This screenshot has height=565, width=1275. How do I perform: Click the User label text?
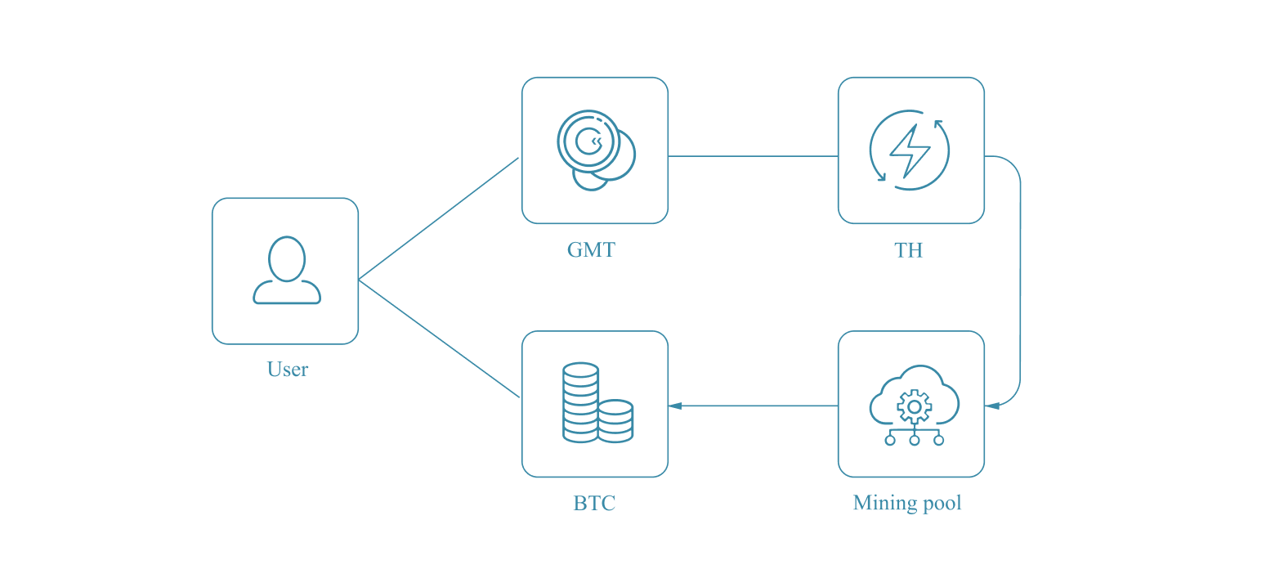287,370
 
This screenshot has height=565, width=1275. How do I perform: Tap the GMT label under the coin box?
591,249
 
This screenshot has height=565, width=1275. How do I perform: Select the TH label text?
908,249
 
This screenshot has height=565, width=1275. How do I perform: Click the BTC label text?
594,503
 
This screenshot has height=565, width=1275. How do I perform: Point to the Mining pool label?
907,503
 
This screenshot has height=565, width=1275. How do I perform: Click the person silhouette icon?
287,271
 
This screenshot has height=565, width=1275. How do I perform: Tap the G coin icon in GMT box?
588,141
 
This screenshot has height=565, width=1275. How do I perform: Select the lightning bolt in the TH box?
909,150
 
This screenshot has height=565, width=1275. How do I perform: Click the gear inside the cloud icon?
914,406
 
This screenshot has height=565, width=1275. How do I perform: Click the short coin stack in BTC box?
615,421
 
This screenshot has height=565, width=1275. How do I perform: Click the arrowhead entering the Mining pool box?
991,406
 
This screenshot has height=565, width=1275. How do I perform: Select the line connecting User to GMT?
439,218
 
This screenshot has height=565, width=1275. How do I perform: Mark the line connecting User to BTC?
439,339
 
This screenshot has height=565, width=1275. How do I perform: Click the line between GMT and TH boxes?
753,156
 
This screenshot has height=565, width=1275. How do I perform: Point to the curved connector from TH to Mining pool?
1020,278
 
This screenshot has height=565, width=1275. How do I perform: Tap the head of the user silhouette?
287,258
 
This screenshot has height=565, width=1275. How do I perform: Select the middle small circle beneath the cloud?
914,440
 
